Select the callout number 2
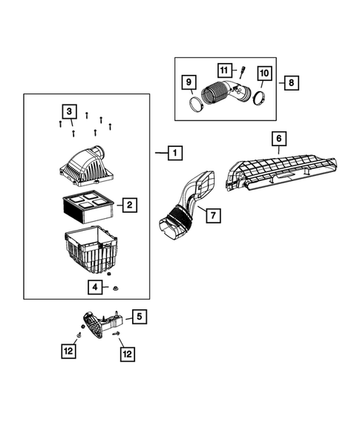click(x=128, y=205)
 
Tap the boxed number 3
click(x=68, y=111)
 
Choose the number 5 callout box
click(x=139, y=317)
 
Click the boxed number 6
click(x=279, y=139)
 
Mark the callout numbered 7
click(x=212, y=215)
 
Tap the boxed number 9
click(x=189, y=82)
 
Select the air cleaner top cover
click(x=86, y=167)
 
